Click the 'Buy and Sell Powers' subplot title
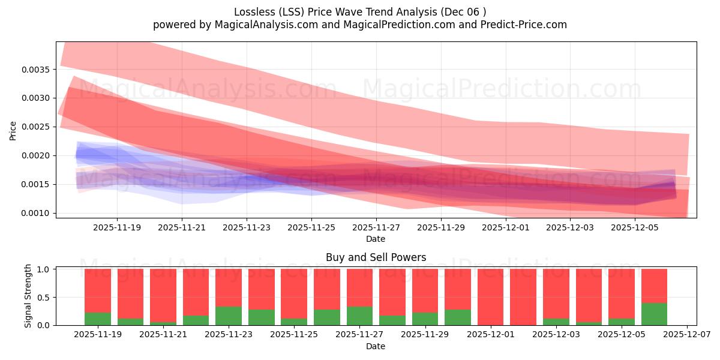[376, 257]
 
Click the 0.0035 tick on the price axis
[38, 70]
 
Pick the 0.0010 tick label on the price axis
[38, 213]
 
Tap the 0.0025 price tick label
[38, 127]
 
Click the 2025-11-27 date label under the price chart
[376, 228]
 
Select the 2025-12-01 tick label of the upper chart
[505, 228]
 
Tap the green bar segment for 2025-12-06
[654, 314]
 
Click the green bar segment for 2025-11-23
[229, 316]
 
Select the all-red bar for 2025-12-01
[491, 297]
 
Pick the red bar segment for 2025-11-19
[98, 290]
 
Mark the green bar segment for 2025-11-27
[359, 316]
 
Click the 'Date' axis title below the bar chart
[376, 346]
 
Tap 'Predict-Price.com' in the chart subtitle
[526, 25]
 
